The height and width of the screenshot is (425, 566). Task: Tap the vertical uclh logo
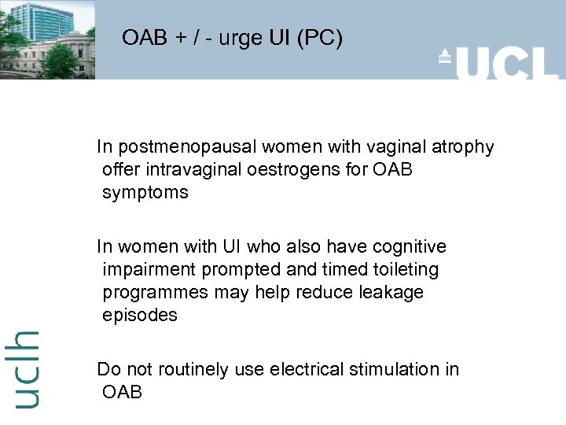[x=26, y=368]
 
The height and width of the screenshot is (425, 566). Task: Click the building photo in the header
[x=47, y=39]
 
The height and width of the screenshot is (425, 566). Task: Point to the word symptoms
[x=145, y=193]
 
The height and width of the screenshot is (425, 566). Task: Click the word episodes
[x=140, y=316]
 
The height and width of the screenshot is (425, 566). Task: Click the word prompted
[x=240, y=270]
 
